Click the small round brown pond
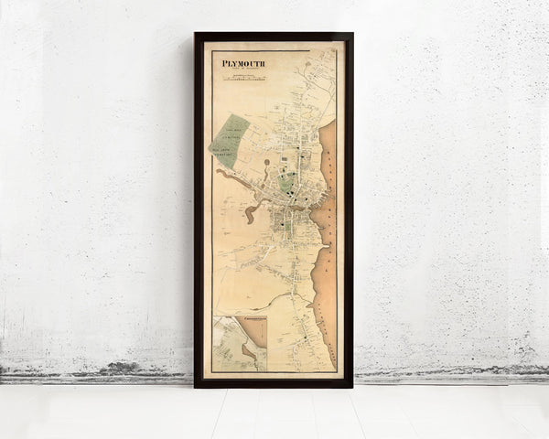coord(266,163)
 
